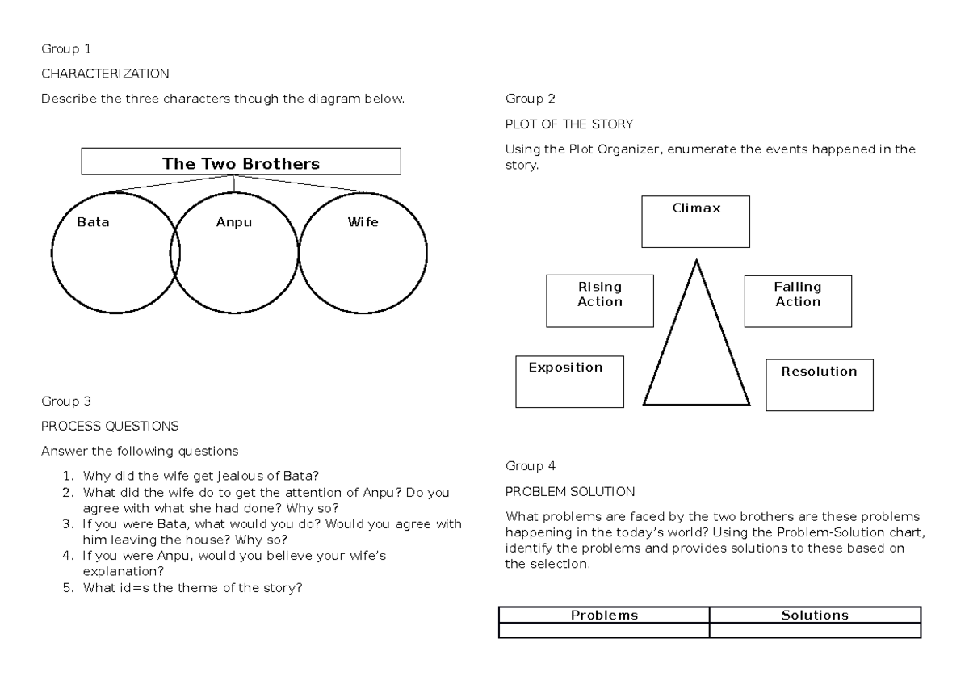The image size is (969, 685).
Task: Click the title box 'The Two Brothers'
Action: (x=241, y=162)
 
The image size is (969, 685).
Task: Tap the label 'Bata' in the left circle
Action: (x=93, y=222)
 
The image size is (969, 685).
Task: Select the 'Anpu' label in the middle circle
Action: (x=234, y=222)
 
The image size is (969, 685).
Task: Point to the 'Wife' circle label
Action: (x=363, y=222)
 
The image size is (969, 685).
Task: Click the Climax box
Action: (x=695, y=221)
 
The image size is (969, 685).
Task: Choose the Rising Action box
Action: (x=600, y=300)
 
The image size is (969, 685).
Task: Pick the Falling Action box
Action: (x=797, y=300)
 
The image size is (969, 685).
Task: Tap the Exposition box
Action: (x=569, y=382)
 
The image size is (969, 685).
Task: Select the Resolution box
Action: (x=819, y=385)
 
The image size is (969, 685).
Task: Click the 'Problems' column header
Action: (x=604, y=615)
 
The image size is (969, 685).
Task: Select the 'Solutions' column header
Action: (x=815, y=615)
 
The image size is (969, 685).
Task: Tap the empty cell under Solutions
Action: (x=815, y=630)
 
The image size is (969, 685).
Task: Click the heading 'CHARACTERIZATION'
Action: (x=106, y=74)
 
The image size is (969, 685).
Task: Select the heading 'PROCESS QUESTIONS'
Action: (x=110, y=426)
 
